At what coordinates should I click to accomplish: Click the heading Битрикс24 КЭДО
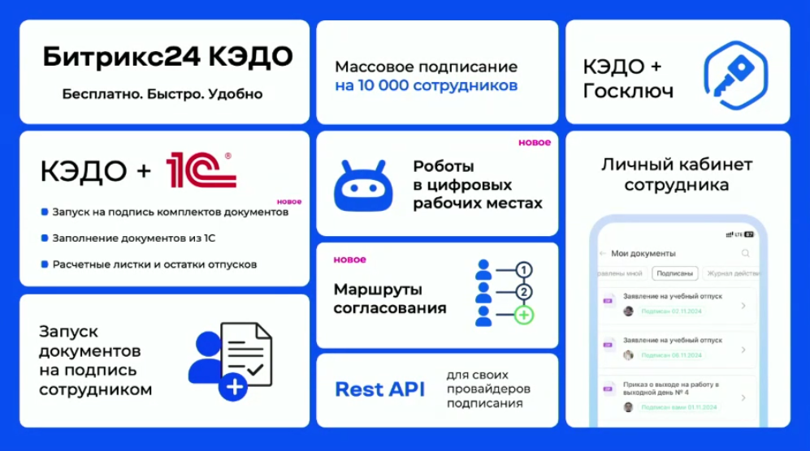167,58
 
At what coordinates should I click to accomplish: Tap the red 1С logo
201,170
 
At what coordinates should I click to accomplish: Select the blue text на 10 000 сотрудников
426,85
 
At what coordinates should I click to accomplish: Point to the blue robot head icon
362,186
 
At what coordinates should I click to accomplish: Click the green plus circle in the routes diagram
524,314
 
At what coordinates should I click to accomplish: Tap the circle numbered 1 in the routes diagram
524,270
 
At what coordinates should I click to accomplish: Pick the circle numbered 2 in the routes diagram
524,292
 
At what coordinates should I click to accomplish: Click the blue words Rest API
379,389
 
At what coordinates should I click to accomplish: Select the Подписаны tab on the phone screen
675,273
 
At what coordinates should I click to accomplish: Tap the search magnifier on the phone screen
745,254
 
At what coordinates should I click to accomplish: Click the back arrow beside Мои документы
602,254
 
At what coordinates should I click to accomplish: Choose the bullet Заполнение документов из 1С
133,238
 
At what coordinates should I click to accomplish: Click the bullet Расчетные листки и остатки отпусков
154,264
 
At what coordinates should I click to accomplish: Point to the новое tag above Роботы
535,143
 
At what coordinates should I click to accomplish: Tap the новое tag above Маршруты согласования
349,260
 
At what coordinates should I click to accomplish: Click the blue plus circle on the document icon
235,387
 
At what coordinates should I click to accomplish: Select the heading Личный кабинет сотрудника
676,174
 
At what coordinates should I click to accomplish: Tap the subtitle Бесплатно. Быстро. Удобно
162,94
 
